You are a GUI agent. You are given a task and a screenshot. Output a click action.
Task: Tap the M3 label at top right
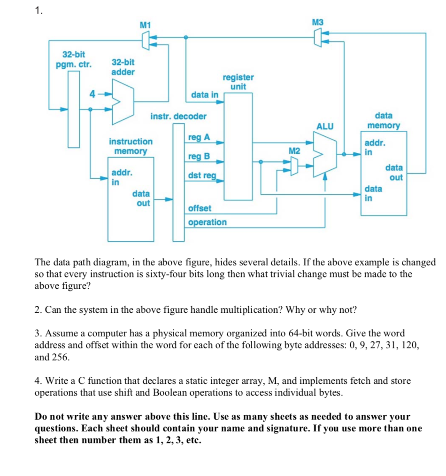318,22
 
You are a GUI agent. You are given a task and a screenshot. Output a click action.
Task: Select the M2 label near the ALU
294,151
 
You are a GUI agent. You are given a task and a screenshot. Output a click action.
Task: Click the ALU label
325,126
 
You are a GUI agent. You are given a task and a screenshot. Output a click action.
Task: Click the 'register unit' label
238,82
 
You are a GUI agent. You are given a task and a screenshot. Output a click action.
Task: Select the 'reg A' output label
199,137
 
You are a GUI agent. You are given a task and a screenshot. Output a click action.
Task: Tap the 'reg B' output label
199,156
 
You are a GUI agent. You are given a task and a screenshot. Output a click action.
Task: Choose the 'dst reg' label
202,175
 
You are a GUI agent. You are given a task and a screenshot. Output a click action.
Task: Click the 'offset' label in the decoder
200,208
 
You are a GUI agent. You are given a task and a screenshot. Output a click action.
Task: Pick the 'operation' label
207,222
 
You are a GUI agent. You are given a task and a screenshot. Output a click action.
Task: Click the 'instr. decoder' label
178,116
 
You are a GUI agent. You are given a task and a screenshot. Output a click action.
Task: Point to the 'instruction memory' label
131,146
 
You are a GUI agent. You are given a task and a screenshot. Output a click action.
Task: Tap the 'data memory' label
384,120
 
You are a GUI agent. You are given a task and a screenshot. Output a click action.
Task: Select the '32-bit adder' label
123,67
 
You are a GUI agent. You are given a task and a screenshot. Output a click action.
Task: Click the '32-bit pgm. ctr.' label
74,59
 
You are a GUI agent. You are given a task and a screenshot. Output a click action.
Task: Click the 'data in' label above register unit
205,95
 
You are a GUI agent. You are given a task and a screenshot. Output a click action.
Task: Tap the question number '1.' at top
39,11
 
